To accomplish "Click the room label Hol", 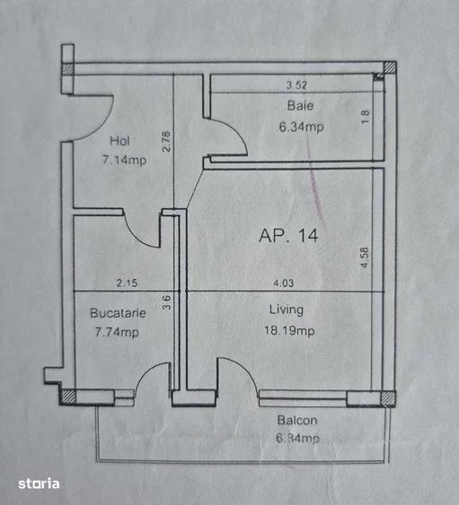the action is pyautogui.click(x=119, y=141).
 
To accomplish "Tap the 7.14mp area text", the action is pyautogui.click(x=124, y=160).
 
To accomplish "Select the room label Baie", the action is pyautogui.click(x=300, y=106).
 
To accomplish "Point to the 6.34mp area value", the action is pyautogui.click(x=301, y=126).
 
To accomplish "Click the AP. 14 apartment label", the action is pyautogui.click(x=288, y=235).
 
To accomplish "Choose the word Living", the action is pyautogui.click(x=287, y=309).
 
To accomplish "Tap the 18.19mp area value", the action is pyautogui.click(x=289, y=331).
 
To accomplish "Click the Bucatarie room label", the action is pyautogui.click(x=118, y=313).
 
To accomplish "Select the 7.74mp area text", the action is pyautogui.click(x=117, y=332).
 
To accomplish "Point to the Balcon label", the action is pyautogui.click(x=297, y=421).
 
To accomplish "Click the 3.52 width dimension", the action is pyautogui.click(x=296, y=85).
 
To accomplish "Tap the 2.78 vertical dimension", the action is pyautogui.click(x=166, y=141).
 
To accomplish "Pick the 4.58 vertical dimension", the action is pyautogui.click(x=365, y=257).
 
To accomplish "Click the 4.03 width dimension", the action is pyautogui.click(x=284, y=283).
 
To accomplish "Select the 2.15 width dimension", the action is pyautogui.click(x=127, y=283).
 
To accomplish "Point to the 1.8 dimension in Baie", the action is pyautogui.click(x=366, y=117).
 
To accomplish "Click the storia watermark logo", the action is pyautogui.click(x=39, y=483).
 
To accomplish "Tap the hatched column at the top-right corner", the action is pyautogui.click(x=390, y=67).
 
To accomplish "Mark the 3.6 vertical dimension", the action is pyautogui.click(x=166, y=303).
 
